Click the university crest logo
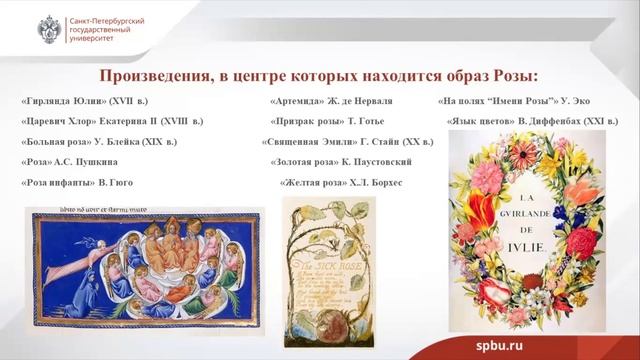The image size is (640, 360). click(x=47, y=28)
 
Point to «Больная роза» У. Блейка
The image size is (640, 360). click(x=96, y=141)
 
